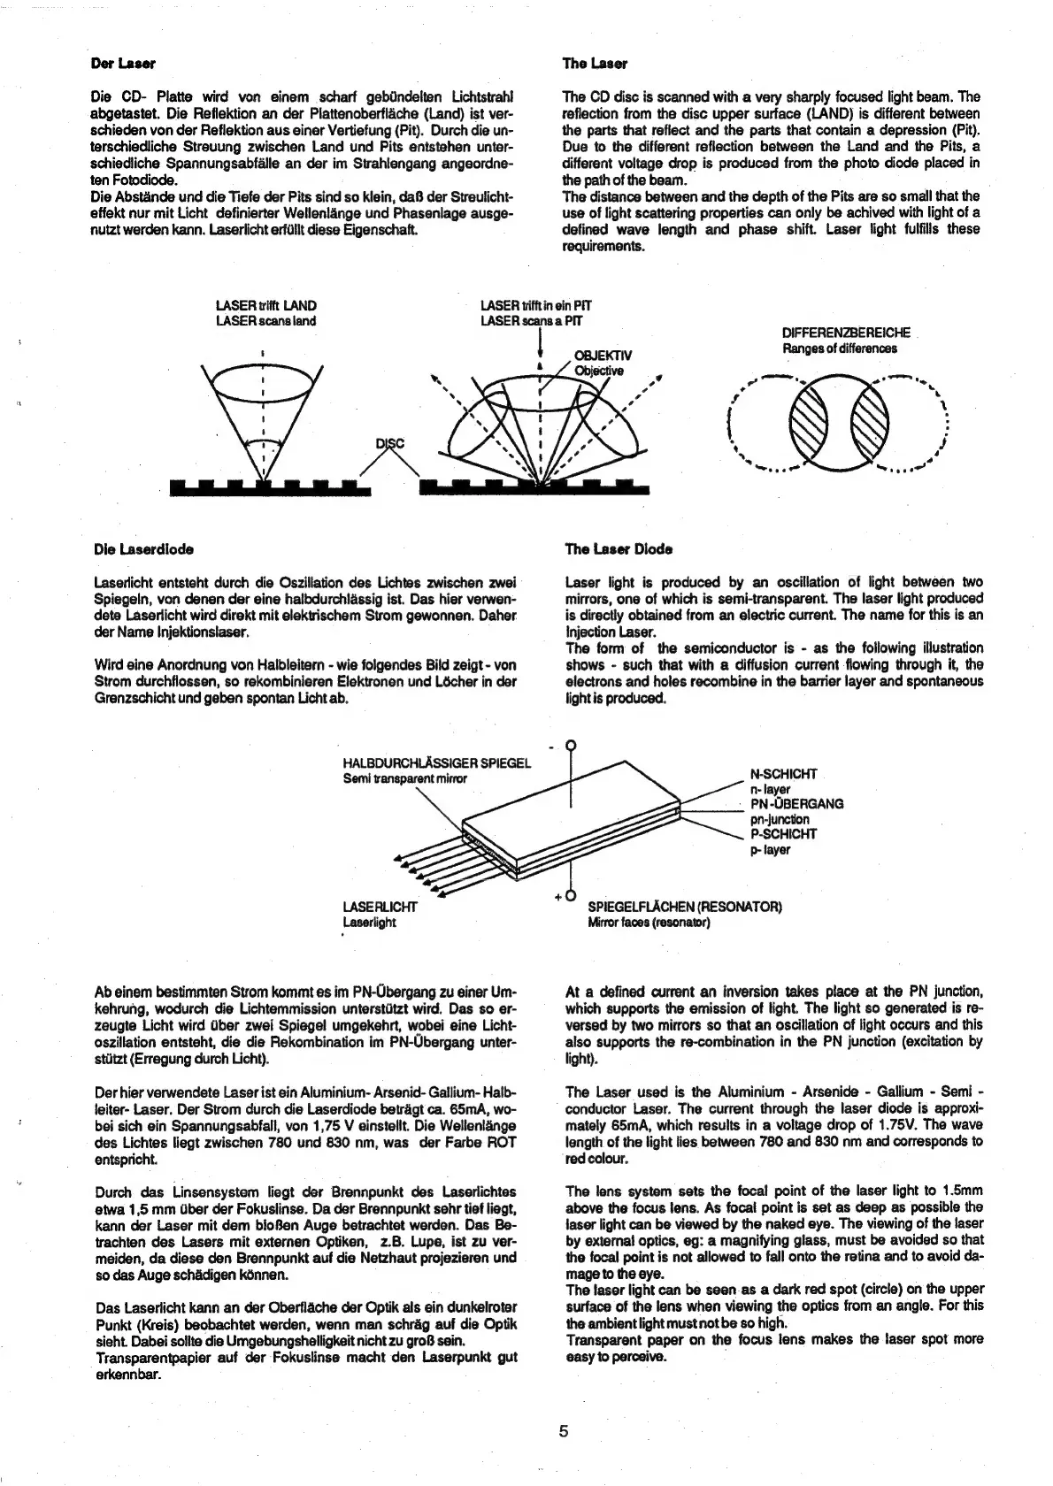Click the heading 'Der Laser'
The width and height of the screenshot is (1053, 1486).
(x=123, y=64)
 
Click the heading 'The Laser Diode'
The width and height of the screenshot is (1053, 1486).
(x=619, y=548)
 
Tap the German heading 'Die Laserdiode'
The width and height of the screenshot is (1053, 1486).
(x=144, y=548)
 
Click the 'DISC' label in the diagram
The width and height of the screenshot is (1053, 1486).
(x=390, y=443)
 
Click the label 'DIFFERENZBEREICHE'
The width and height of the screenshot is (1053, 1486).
(x=846, y=333)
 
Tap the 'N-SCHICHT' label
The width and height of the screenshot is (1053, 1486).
(x=783, y=774)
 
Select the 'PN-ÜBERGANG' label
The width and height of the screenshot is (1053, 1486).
(x=796, y=804)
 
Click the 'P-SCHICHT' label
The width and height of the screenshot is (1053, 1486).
(x=783, y=834)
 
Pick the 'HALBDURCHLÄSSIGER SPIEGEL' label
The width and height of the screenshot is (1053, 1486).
(x=436, y=764)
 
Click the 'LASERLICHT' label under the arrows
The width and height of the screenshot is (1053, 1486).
(x=380, y=907)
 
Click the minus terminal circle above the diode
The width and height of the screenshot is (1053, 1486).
(x=571, y=745)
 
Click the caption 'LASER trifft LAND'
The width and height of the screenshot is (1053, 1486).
(x=265, y=306)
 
